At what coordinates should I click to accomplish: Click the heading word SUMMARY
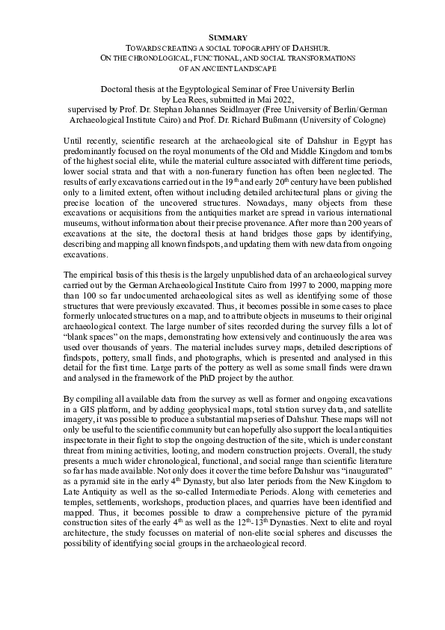[222, 35]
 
